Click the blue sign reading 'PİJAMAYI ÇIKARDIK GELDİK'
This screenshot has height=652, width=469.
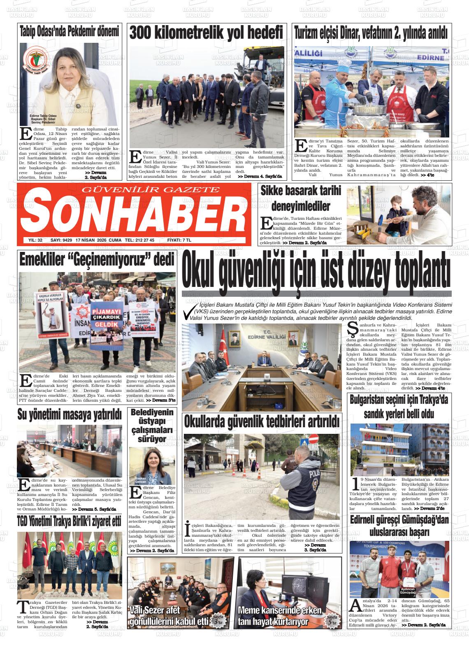coord(108,316)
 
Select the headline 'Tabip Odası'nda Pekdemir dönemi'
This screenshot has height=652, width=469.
coord(70,31)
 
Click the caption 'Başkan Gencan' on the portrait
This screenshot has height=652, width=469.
coord(141,480)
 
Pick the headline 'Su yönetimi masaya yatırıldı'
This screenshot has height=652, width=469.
coord(70,414)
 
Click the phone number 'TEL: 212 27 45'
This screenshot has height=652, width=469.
coord(139,240)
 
